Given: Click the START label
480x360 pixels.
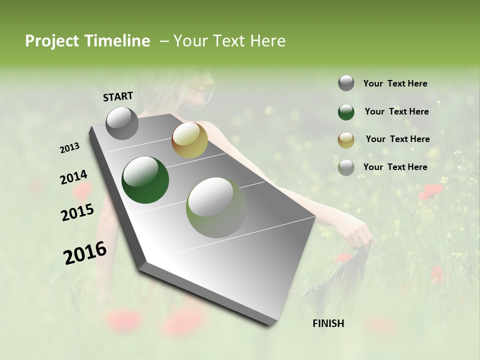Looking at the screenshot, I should tap(118, 96).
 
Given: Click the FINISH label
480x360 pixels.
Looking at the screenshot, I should tap(328, 323).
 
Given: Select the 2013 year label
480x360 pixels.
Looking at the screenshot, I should tap(69, 148).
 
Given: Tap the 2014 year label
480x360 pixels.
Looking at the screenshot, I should tap(73, 177).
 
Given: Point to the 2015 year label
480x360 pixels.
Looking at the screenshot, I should tap(77, 212).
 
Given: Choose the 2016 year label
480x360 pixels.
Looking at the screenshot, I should tap(85, 253).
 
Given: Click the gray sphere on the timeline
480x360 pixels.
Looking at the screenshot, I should tap(122, 123).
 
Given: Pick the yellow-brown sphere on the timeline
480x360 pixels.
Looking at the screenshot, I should tap(189, 139).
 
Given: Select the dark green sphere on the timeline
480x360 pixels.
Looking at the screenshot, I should tap(145, 180).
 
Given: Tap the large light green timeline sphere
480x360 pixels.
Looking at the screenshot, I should tap(216, 207).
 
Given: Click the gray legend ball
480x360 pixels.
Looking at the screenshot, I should tap(346, 83).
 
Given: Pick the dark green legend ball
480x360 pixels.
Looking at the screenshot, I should tap(346, 112).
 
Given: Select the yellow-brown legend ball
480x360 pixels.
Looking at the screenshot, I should tap(346, 140).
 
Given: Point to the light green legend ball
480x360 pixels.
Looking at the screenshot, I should tap(346, 167).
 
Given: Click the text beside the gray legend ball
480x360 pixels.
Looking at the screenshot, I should tap(395, 83).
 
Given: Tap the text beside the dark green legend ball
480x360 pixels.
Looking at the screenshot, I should tap(396, 111).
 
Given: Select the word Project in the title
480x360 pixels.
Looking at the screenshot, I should tap(51, 41).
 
